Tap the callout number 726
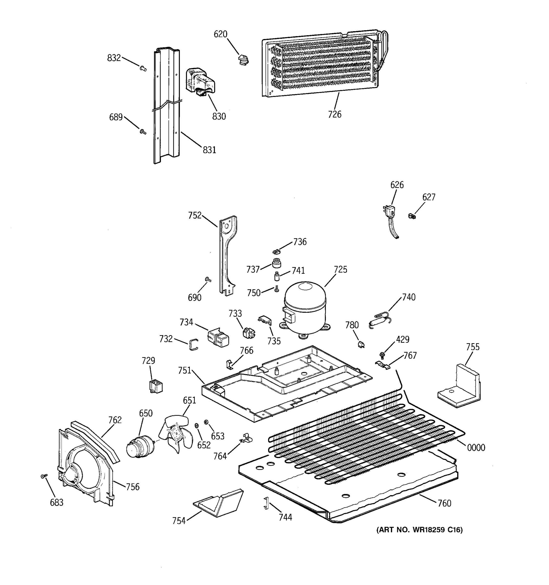click(335, 114)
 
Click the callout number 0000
click(476, 448)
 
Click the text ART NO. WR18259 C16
click(419, 530)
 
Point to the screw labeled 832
click(143, 68)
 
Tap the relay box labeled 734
click(218, 337)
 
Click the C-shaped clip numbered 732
click(193, 345)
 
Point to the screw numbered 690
click(208, 280)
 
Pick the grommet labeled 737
click(276, 263)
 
